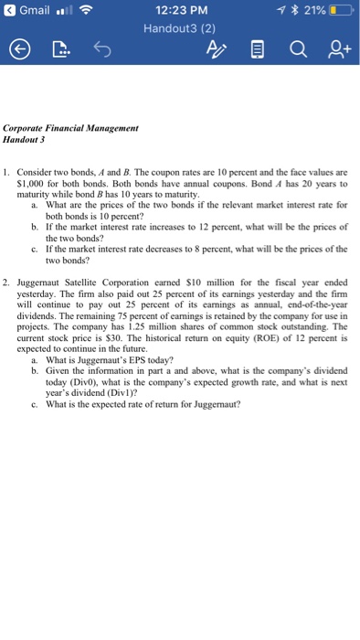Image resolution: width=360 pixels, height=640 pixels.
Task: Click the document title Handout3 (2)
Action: pos(179,27)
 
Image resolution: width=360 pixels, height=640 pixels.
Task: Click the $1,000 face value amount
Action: pos(47,180)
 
